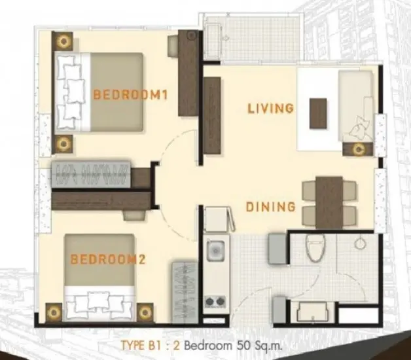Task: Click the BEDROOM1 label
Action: [130, 95]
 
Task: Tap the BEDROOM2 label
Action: [108, 259]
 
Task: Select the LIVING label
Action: [270, 109]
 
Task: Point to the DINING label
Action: [270, 207]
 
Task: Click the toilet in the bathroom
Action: [315, 247]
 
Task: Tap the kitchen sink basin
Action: [215, 251]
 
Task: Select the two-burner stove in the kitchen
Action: [215, 302]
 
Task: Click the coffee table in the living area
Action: [318, 113]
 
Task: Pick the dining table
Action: [329, 202]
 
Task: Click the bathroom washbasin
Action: [312, 312]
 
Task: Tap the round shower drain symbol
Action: [360, 243]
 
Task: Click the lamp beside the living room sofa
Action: [358, 149]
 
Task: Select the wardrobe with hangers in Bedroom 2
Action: [185, 292]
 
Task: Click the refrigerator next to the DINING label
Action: [217, 219]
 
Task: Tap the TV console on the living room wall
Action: [212, 115]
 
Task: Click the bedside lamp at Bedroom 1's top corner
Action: [63, 41]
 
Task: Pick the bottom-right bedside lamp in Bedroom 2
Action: [145, 312]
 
